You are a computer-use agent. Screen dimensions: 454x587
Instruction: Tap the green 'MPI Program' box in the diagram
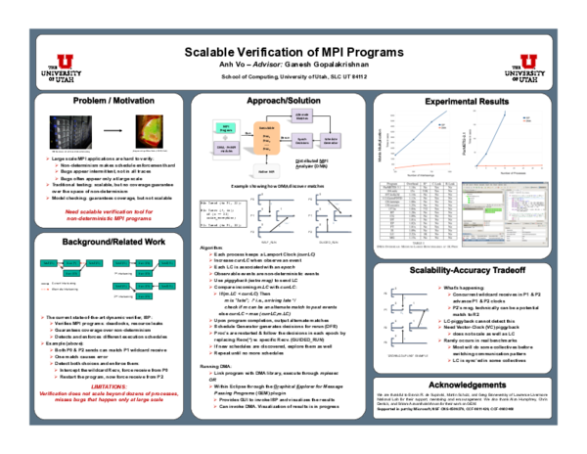pyautogui.click(x=226, y=127)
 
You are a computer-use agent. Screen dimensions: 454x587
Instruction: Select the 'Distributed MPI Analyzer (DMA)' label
pyautogui.click(x=309, y=164)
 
